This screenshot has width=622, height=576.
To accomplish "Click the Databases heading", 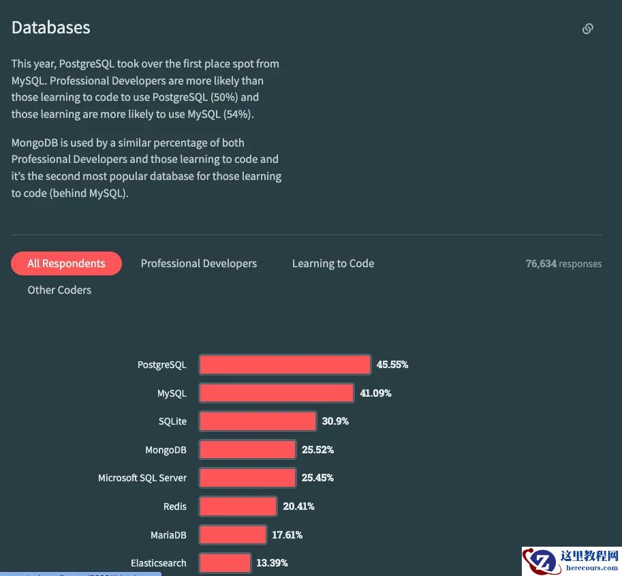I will click(x=51, y=28).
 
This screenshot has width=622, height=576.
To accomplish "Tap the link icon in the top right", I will click(x=587, y=29).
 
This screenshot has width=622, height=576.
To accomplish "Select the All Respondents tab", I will click(x=66, y=263).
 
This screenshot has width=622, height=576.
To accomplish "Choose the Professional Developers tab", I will click(x=198, y=263).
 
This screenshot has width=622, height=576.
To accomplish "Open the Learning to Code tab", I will click(x=333, y=263).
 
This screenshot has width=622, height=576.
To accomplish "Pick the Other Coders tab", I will click(x=59, y=290).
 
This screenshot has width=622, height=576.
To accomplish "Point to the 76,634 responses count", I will click(x=563, y=264).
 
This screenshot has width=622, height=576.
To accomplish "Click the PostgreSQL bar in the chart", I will click(x=285, y=365).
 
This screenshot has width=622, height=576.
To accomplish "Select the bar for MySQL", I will click(x=277, y=393).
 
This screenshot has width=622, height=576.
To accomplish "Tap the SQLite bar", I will click(x=258, y=421).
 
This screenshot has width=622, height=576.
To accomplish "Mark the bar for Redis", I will click(x=238, y=506).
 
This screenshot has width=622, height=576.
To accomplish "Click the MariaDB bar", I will click(x=232, y=535).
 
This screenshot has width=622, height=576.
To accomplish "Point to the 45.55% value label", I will click(x=392, y=365).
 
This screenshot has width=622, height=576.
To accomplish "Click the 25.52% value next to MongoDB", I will click(x=317, y=450).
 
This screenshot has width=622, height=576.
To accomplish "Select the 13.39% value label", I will click(x=272, y=563).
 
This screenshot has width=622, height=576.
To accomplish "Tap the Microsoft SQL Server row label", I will click(x=142, y=478).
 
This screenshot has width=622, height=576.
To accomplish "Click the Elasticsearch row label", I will click(x=158, y=563).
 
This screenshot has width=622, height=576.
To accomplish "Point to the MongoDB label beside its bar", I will click(x=166, y=450).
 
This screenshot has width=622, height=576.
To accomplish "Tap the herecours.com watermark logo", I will click(x=572, y=560).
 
